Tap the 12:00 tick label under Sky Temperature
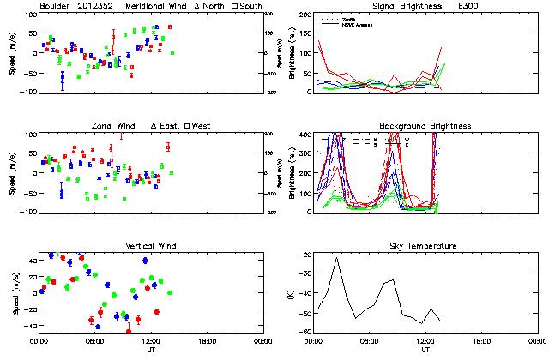[x=425, y=340]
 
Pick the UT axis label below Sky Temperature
[x=425, y=350]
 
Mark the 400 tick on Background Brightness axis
[x=307, y=135]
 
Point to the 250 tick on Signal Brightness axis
[x=307, y=15]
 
